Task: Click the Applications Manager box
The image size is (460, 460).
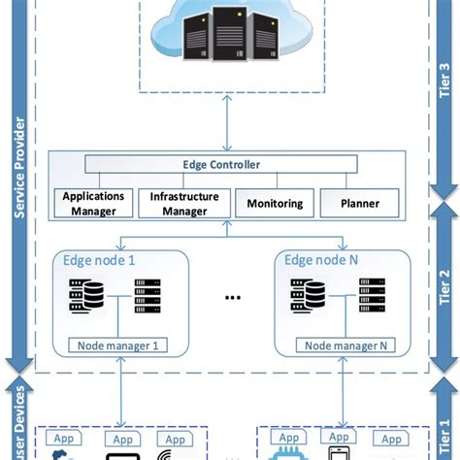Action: [x=94, y=203]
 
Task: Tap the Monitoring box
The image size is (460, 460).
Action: [x=275, y=204]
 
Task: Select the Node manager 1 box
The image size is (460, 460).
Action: [x=117, y=345]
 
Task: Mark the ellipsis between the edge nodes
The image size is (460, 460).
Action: [x=232, y=298]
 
